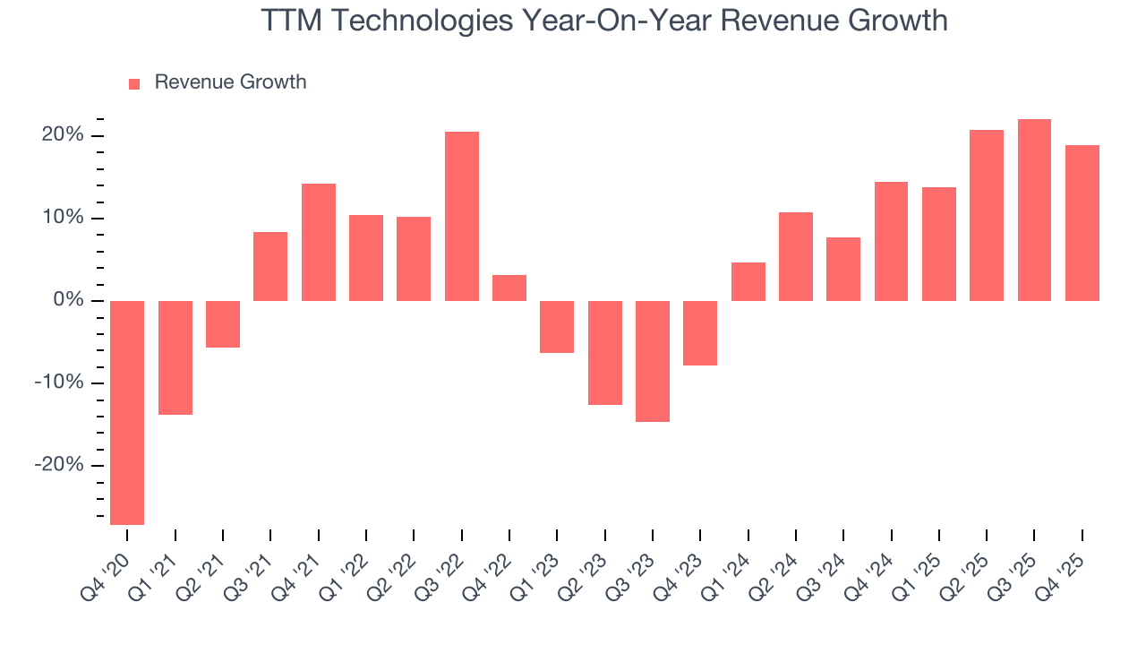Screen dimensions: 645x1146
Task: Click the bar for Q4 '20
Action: point(127,412)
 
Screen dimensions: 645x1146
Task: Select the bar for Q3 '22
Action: point(462,216)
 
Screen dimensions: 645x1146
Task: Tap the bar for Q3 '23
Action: point(653,361)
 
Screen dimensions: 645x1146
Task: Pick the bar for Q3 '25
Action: point(1034,210)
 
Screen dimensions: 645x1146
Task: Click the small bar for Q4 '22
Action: point(509,288)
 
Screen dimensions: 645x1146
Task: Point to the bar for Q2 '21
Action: point(223,323)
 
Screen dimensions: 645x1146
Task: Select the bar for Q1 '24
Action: point(748,281)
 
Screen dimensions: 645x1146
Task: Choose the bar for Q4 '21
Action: point(319,242)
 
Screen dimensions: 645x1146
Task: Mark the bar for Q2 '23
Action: point(605,352)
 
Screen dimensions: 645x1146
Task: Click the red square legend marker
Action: point(134,83)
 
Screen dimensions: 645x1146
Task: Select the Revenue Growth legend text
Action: point(230,82)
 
